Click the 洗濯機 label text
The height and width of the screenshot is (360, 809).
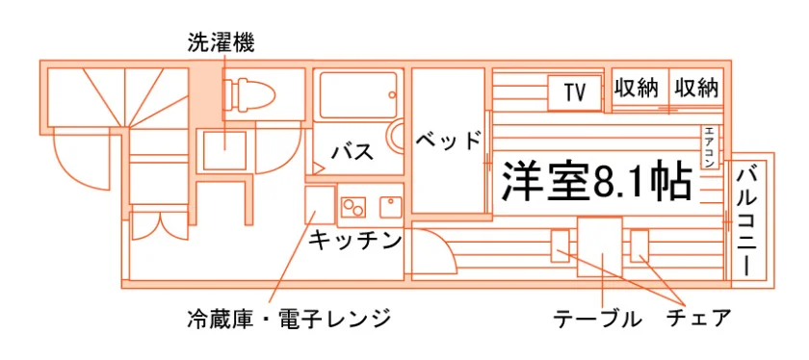(221, 43)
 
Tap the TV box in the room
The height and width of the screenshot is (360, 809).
(574, 92)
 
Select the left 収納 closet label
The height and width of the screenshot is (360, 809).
(637, 89)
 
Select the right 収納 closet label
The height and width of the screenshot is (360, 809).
(696, 89)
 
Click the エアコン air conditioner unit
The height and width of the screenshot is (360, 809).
(709, 147)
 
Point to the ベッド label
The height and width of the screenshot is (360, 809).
(448, 141)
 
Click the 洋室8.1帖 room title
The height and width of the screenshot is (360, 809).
(596, 181)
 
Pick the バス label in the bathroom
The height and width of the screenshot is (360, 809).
(352, 152)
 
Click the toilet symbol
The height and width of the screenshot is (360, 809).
(249, 93)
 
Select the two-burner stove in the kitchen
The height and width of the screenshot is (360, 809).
(352, 207)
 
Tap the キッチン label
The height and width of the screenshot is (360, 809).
(355, 241)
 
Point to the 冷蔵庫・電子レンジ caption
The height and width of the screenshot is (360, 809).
(289, 318)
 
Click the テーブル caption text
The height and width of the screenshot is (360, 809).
(597, 319)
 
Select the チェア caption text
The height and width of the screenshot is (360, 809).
(698, 318)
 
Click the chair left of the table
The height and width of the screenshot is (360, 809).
(561, 245)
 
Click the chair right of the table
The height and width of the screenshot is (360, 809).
(639, 245)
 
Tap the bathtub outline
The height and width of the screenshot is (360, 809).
(358, 95)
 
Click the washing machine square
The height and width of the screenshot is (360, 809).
(224, 150)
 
